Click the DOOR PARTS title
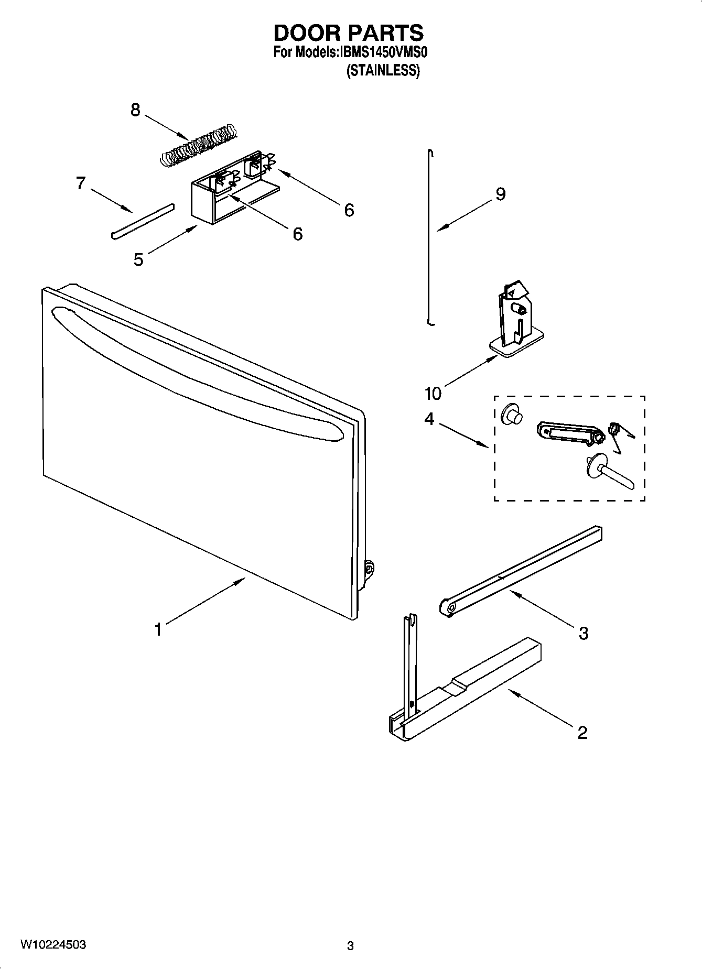(348, 33)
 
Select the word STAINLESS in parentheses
(383, 71)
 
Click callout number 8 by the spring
(135, 110)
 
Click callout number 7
(80, 183)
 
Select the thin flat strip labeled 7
(142, 221)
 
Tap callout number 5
(138, 259)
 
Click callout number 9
(500, 194)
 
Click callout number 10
(433, 393)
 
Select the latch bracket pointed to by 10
(516, 322)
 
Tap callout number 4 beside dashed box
(429, 419)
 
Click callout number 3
(583, 633)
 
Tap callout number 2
(582, 732)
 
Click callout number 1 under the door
(158, 629)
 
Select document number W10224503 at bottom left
(53, 945)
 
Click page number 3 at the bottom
(350, 946)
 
